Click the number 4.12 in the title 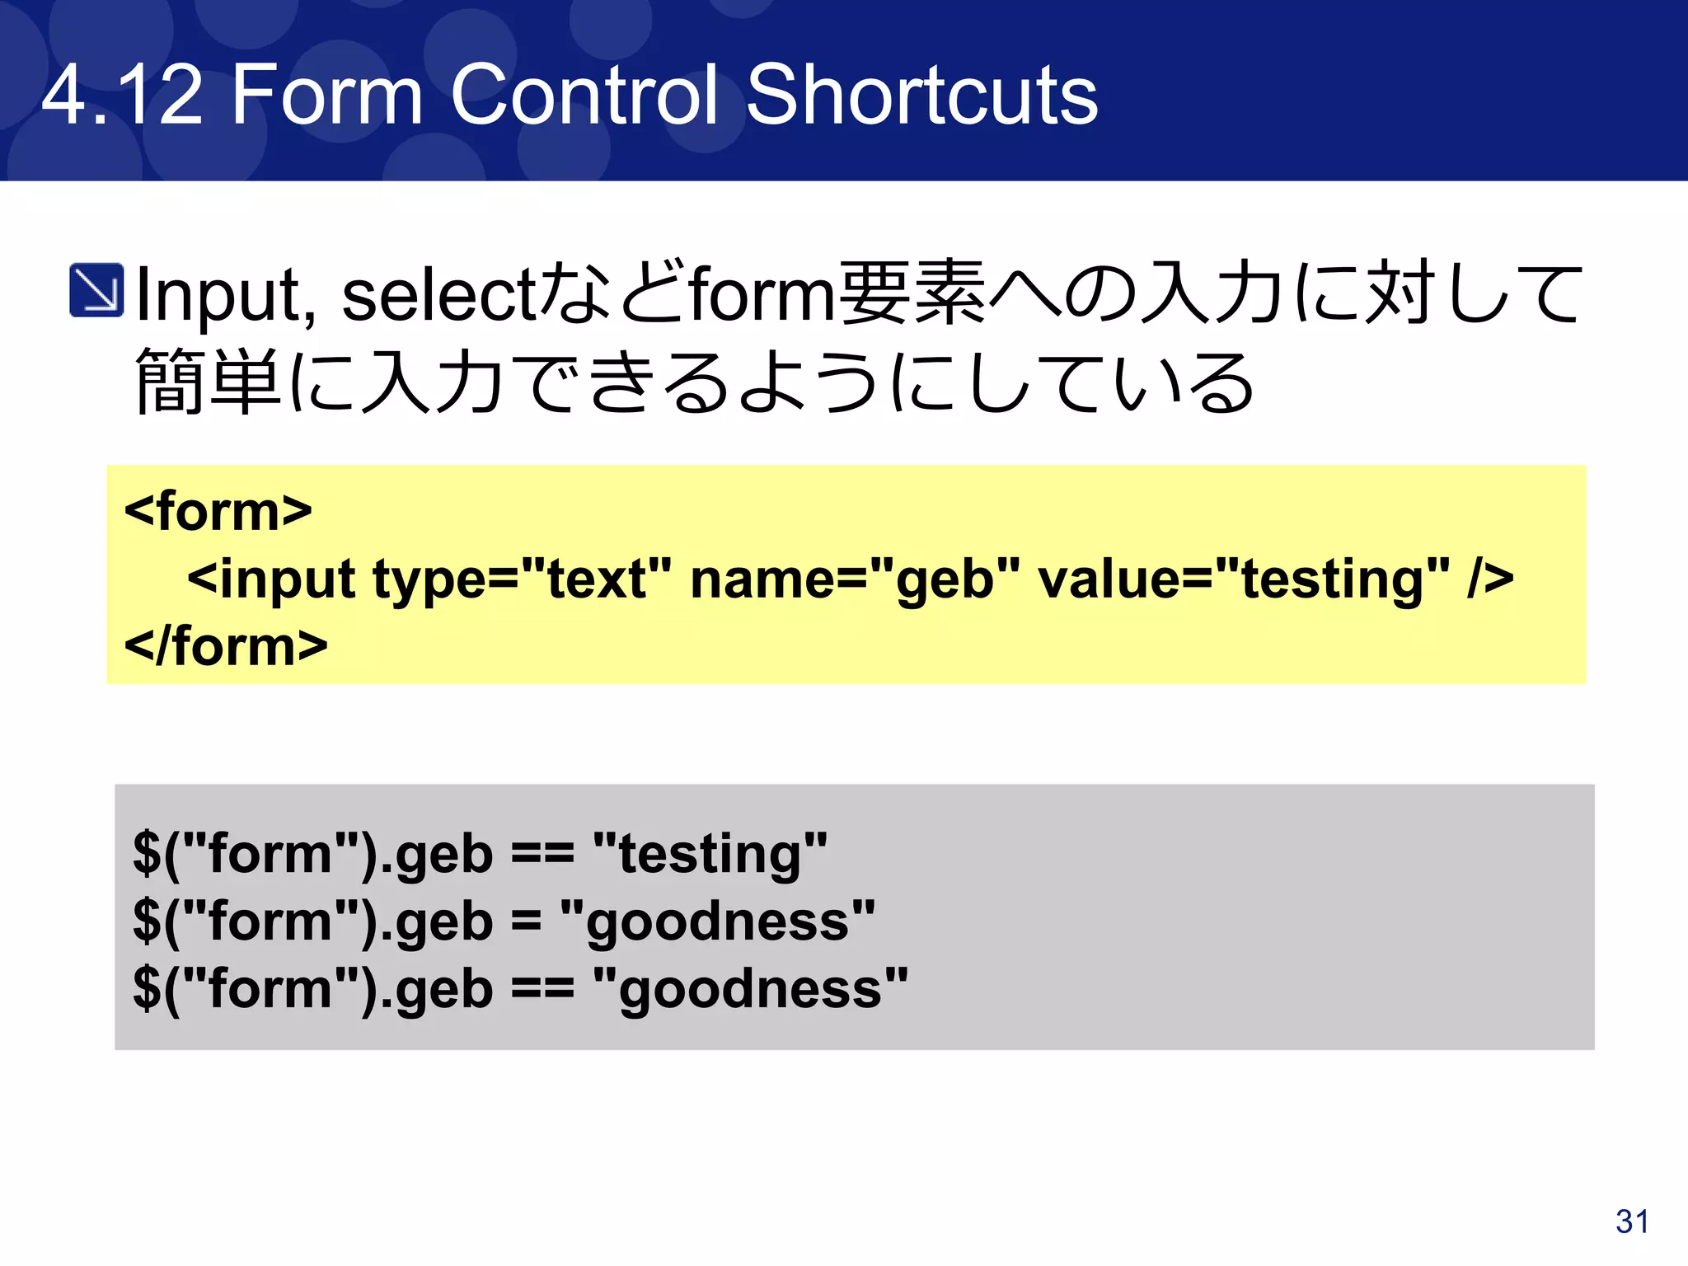pyautogui.click(x=122, y=96)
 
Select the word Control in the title pyautogui.click(x=584, y=96)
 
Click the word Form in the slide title pyautogui.click(x=327, y=96)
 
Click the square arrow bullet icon pyautogui.click(x=96, y=290)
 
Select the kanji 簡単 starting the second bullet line pyautogui.click(x=209, y=381)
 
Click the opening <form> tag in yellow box pyautogui.click(x=218, y=511)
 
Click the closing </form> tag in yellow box pyautogui.click(x=226, y=645)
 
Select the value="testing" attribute pyautogui.click(x=1243, y=579)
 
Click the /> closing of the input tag pyautogui.click(x=1490, y=579)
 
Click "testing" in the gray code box pyautogui.click(x=710, y=853)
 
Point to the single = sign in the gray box pyautogui.click(x=526, y=921)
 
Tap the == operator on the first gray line pyautogui.click(x=542, y=853)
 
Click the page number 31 pyautogui.click(x=1631, y=1221)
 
